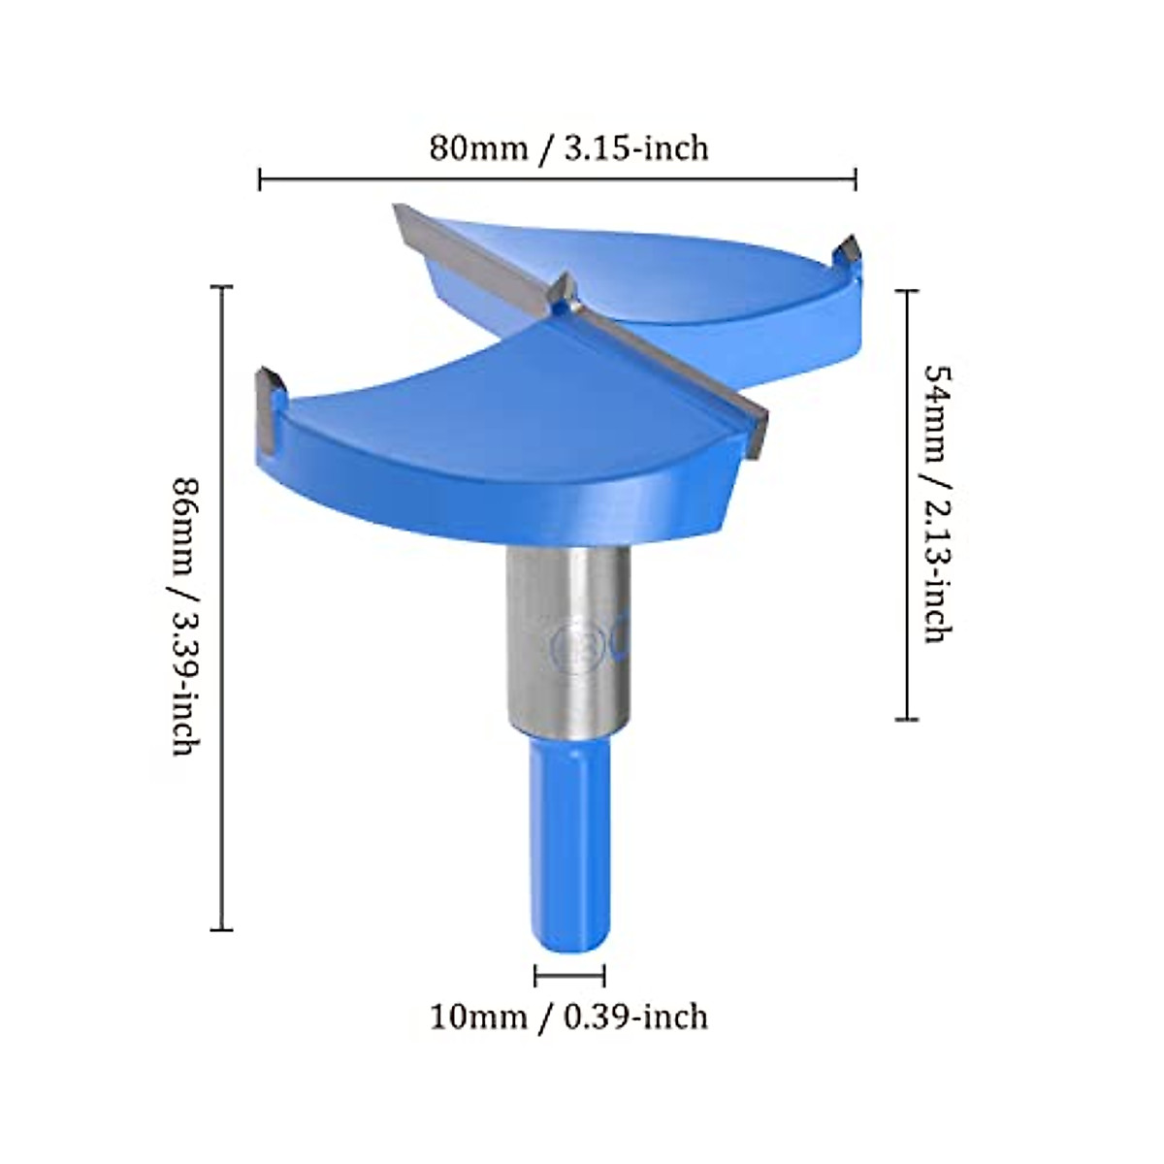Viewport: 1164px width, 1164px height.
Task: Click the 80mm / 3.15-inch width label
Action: [569, 148]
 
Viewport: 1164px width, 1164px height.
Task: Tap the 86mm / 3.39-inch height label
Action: [186, 616]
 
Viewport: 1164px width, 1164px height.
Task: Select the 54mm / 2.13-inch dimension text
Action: [936, 503]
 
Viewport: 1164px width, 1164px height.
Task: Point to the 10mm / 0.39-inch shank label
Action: [569, 1017]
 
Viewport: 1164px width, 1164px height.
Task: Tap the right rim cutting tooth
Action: [849, 251]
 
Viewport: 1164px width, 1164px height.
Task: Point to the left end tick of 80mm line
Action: [260, 178]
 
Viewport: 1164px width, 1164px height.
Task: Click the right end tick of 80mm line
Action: [855, 178]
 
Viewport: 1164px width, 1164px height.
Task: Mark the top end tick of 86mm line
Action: [222, 287]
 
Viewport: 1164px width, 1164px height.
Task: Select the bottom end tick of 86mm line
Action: [222, 929]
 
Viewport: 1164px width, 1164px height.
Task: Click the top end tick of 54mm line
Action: [906, 290]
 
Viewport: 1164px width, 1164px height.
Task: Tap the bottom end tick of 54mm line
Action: [906, 719]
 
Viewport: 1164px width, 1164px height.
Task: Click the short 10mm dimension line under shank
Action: [569, 976]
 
